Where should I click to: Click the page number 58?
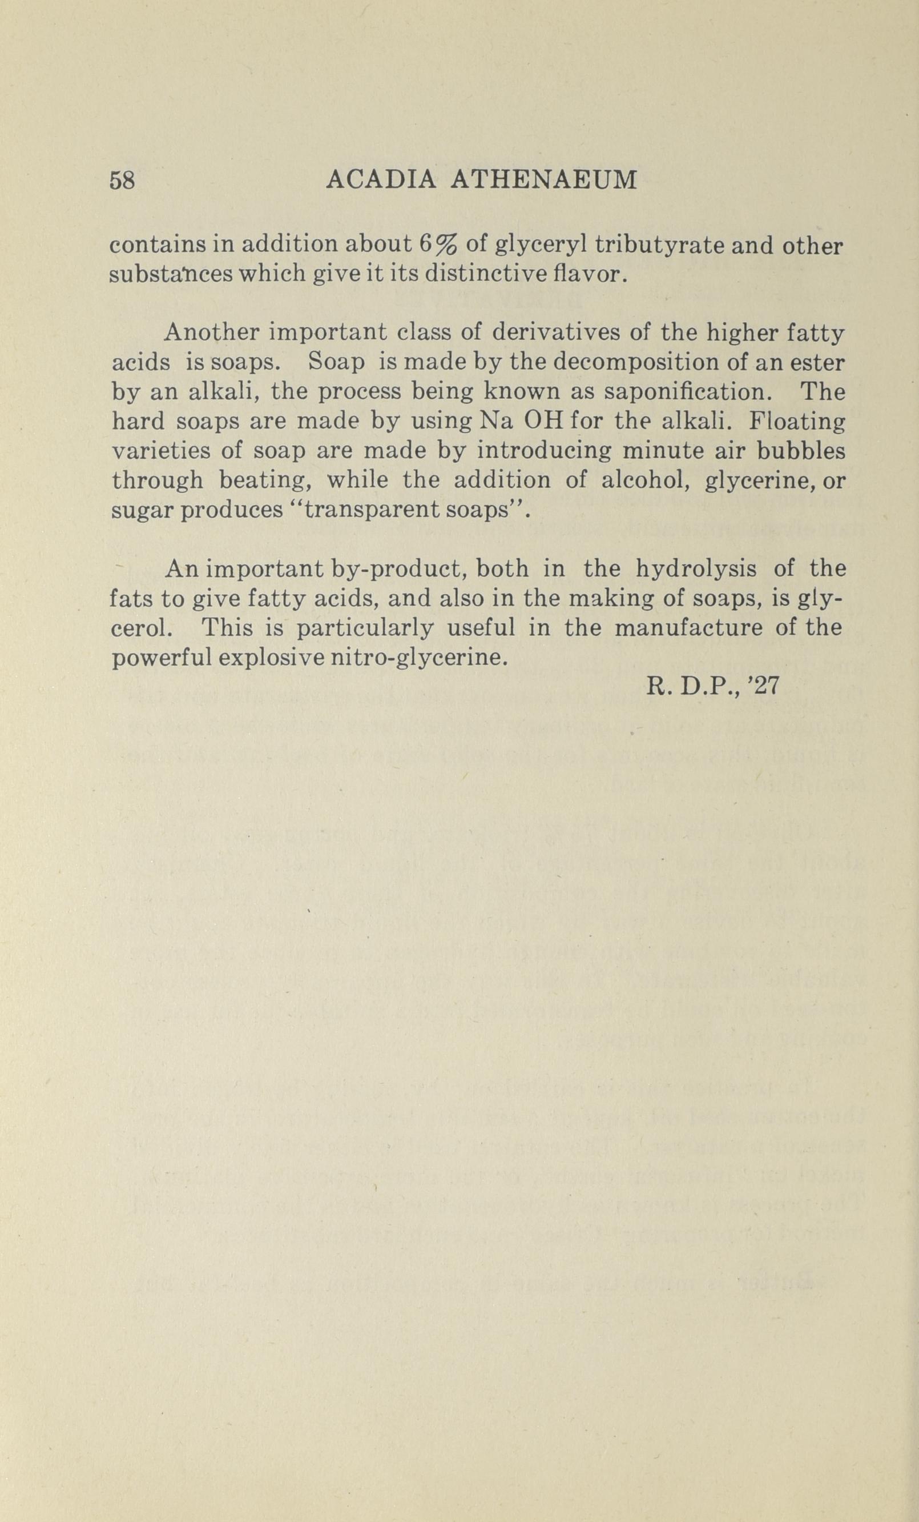point(122,181)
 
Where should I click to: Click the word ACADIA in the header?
point(380,180)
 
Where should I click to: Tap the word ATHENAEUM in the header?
point(544,180)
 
